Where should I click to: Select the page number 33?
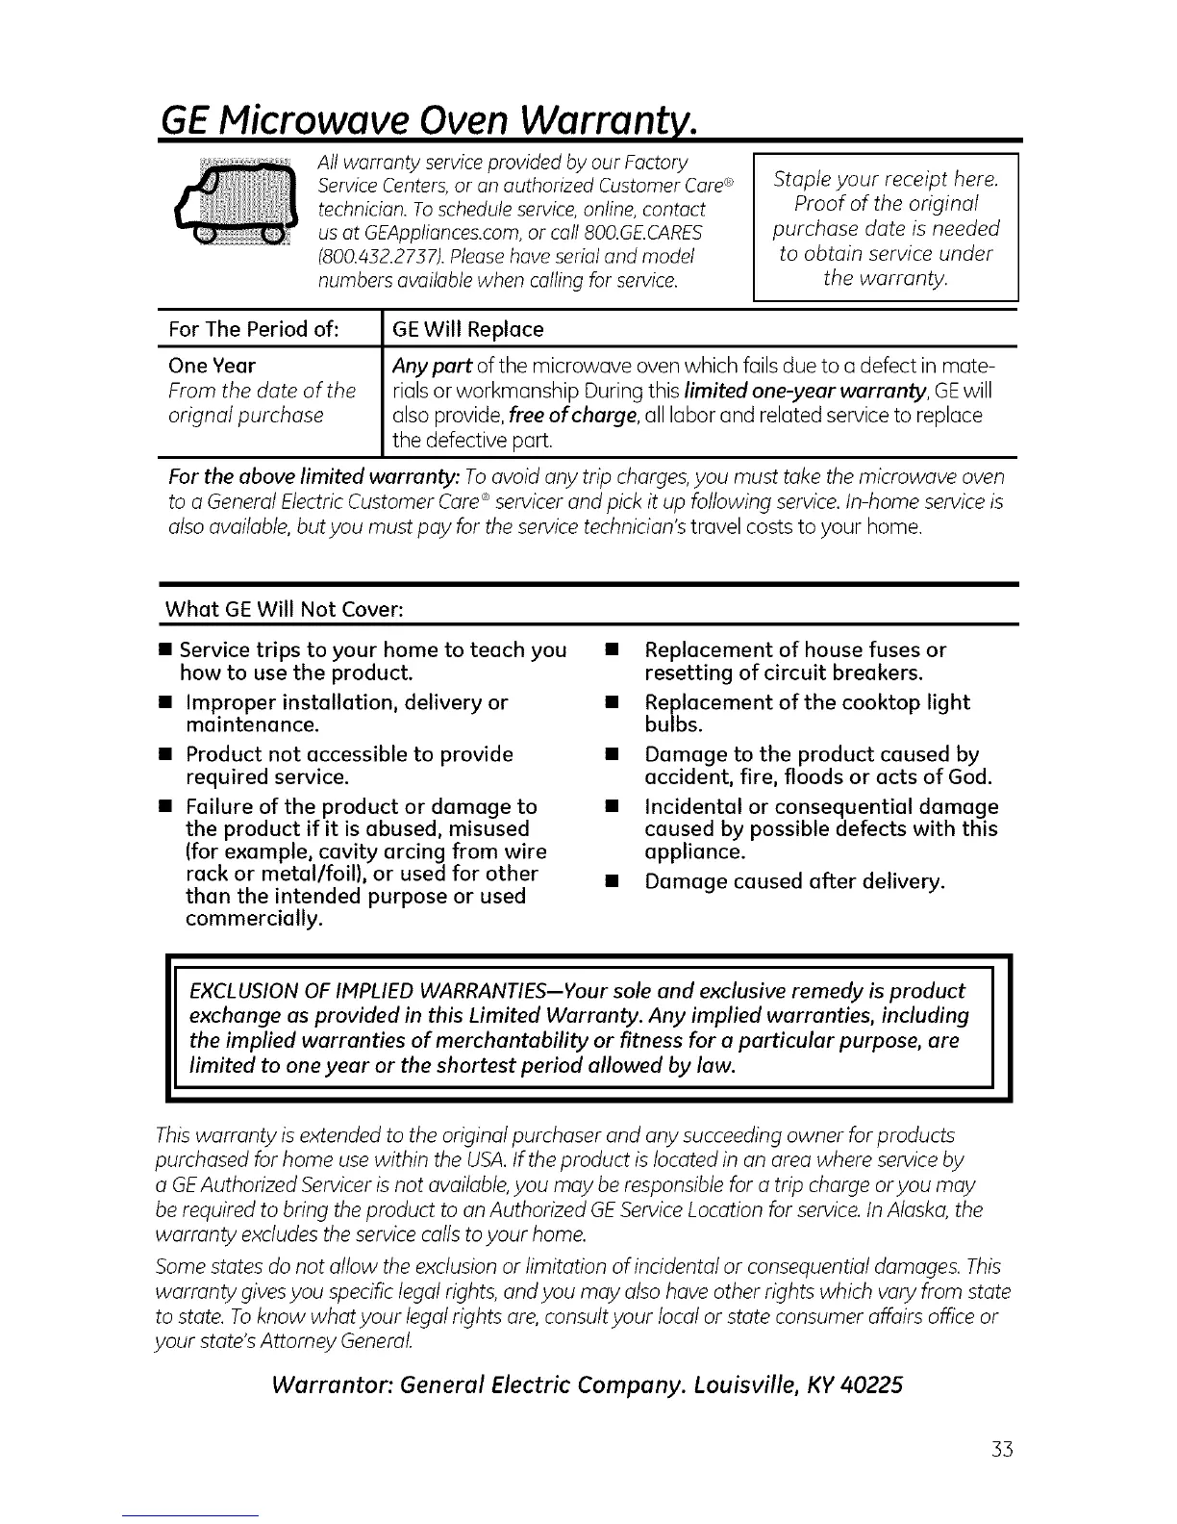tap(1002, 1449)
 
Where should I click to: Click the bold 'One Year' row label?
tap(212, 366)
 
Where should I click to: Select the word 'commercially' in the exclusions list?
tap(254, 919)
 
